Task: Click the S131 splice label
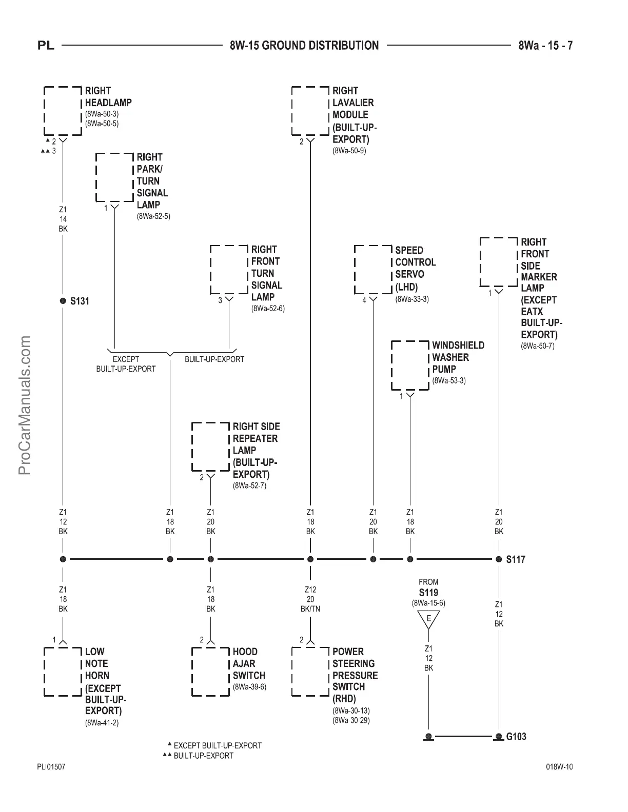[80, 301]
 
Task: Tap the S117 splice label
[516, 559]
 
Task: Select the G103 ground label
[516, 737]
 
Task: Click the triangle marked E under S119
[429, 619]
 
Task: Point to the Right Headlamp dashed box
[63, 111]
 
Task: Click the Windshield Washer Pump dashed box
[410, 365]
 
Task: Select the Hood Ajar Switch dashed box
[210, 672]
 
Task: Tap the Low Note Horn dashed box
[63, 672]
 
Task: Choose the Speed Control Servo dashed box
[373, 270]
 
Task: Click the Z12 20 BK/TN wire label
[310, 599]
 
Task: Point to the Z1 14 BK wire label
[63, 219]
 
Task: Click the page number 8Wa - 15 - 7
[545, 45]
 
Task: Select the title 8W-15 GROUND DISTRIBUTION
[304, 45]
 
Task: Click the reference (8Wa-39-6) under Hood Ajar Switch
[249, 687]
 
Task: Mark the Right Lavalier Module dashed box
[310, 111]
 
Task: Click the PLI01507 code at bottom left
[51, 767]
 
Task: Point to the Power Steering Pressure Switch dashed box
[310, 672]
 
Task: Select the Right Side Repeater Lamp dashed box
[210, 446]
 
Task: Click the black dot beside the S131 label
[63, 300]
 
